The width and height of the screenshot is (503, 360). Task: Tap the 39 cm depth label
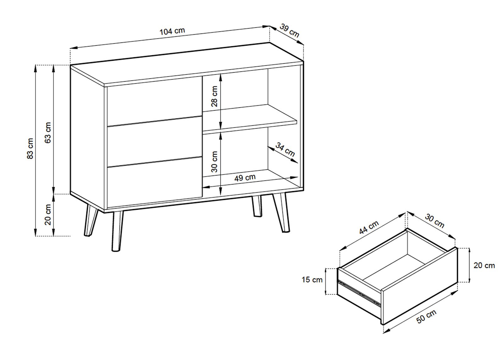click(x=290, y=31)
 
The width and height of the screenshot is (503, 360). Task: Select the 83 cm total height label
click(x=30, y=148)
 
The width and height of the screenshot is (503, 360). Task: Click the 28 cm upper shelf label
click(x=214, y=96)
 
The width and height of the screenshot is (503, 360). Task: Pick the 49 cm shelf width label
click(x=245, y=178)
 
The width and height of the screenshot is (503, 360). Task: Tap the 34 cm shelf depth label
click(x=285, y=150)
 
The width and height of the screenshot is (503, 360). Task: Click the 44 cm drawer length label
click(x=369, y=227)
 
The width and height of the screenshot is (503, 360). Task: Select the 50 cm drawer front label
click(x=426, y=316)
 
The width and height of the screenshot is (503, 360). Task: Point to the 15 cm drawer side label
click(x=312, y=280)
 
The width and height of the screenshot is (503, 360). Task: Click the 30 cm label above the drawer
click(x=434, y=221)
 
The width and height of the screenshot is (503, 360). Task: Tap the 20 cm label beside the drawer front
click(x=484, y=265)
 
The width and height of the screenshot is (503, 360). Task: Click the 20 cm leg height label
click(x=48, y=215)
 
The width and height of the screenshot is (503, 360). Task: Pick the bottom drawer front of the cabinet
click(x=154, y=182)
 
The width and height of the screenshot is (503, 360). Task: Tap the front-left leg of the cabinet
click(x=118, y=231)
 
